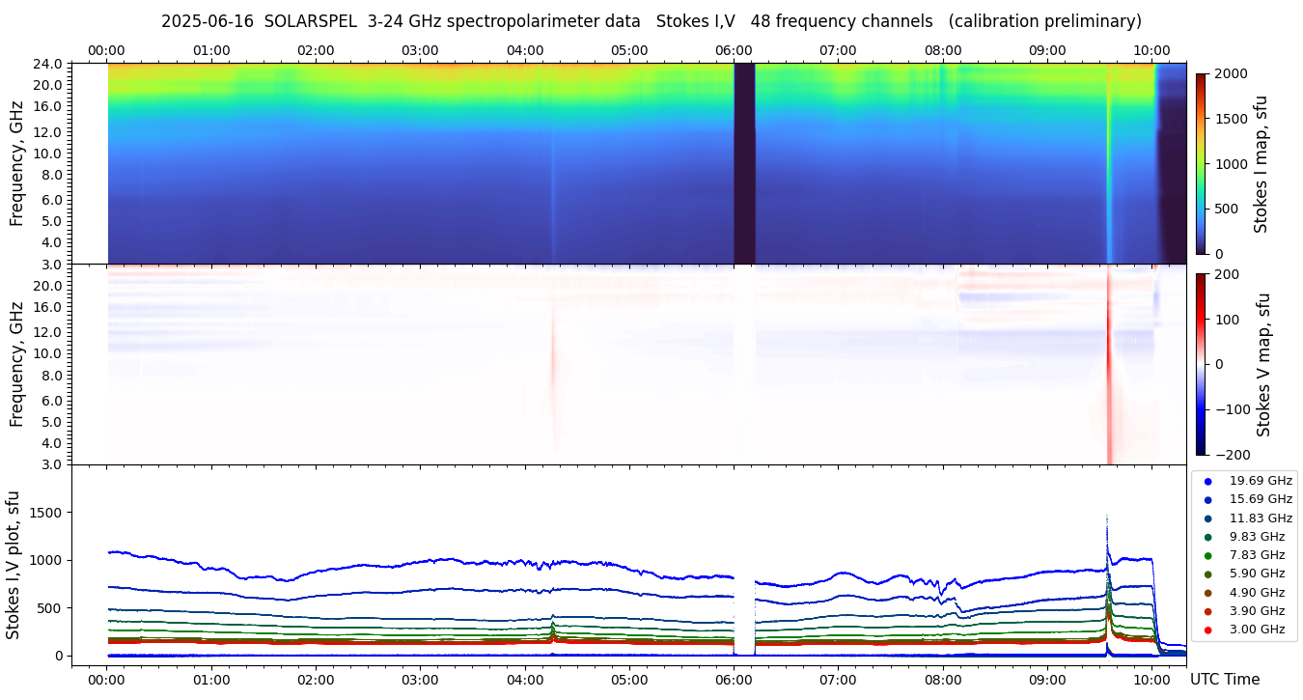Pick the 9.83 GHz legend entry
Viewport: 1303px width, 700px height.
coord(1257,537)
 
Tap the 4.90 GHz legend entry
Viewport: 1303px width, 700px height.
coord(1257,593)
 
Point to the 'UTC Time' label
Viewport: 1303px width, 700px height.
coord(1224,680)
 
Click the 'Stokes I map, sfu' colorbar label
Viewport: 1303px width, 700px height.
coord(1261,163)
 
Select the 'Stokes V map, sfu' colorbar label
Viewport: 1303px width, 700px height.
coord(1262,364)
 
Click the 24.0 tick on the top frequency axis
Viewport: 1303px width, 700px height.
coord(48,65)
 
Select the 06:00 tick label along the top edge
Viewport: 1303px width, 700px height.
coord(734,50)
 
